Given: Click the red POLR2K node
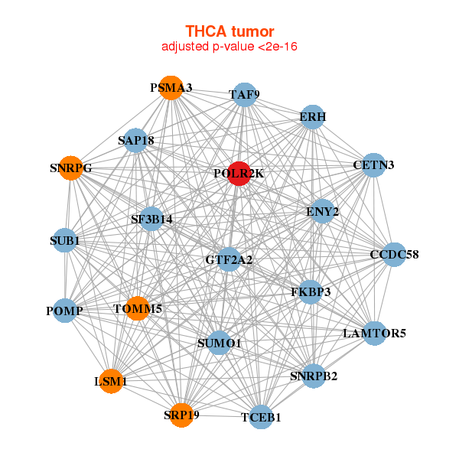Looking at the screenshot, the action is (239, 174).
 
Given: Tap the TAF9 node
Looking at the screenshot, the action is (244, 95).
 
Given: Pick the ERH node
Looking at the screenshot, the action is (312, 117).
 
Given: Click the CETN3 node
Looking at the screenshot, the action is (373, 165).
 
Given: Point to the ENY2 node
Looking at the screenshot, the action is (323, 211).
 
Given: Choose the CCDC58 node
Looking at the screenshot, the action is (393, 255).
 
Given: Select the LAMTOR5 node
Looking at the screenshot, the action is (374, 334).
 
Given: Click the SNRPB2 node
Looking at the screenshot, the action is (314, 376).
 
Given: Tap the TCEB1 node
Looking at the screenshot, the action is (261, 417).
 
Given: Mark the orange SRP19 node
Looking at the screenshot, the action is (181, 415).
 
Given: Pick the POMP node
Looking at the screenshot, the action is (64, 311).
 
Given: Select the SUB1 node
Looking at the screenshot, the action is (65, 241).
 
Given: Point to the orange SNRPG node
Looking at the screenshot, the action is (70, 168).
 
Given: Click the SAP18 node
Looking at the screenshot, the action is (135, 141).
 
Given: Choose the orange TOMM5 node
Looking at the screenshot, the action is (138, 309).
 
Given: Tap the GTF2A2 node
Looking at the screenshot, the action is (229, 259).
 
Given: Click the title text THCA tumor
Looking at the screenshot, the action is (229, 31).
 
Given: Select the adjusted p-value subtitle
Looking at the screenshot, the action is (229, 47).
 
